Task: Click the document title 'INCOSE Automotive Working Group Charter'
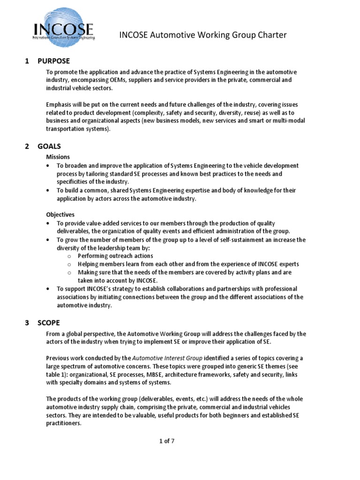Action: [203, 35]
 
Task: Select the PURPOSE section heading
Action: [54, 61]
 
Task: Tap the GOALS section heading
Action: [49, 146]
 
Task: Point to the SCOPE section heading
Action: [49, 322]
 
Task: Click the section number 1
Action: [27, 61]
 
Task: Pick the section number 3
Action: [27, 322]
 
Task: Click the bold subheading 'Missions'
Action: [58, 157]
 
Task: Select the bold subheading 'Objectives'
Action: [60, 214]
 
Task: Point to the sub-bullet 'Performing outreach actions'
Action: [115, 255]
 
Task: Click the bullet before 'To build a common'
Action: [49, 190]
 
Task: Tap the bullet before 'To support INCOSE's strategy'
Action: [49, 288]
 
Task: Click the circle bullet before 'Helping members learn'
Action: [69, 264]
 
